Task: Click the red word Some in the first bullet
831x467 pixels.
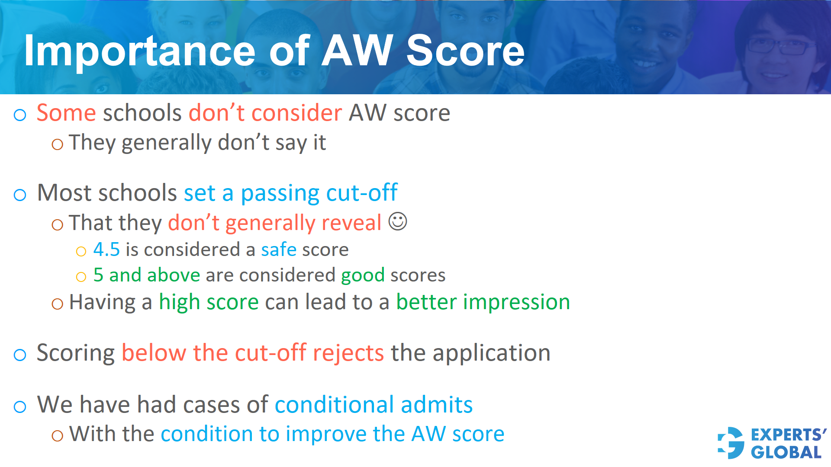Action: click(66, 113)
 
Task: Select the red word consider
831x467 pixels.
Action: click(296, 113)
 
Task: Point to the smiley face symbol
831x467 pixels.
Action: click(397, 221)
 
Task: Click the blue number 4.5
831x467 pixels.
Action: click(106, 249)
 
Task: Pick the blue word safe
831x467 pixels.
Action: click(279, 249)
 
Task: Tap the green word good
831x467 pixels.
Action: click(363, 275)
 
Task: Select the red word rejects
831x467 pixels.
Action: click(348, 353)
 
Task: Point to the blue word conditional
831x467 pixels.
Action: click(334, 405)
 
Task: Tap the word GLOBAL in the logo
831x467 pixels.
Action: click(786, 452)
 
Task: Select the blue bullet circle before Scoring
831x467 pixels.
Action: click(20, 355)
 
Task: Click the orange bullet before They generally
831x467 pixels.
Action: click(57, 144)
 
